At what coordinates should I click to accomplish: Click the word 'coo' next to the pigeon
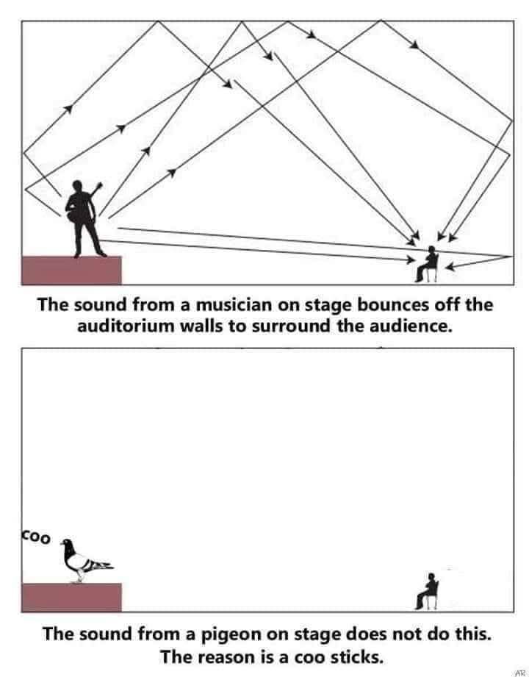pos(35,537)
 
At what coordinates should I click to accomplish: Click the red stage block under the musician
pos(71,270)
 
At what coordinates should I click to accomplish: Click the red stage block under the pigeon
pos(71,597)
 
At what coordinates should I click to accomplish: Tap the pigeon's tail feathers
pos(103,566)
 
